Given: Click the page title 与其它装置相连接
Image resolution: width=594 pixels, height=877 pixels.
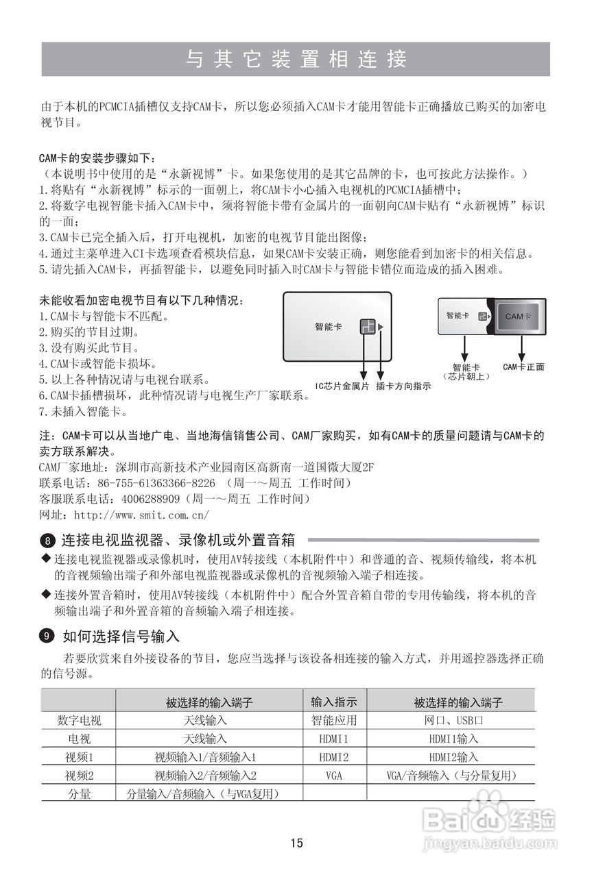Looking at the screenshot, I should click(296, 59).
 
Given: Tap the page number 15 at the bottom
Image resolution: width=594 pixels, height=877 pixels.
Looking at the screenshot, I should click(296, 843).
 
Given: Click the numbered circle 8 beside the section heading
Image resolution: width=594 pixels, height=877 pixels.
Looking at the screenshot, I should click(47, 540).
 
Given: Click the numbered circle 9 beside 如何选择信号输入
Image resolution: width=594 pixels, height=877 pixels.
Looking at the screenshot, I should click(47, 637).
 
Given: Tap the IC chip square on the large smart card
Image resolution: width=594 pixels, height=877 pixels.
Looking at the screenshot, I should click(368, 327).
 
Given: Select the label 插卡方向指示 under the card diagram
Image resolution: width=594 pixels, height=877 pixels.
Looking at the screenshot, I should click(403, 386).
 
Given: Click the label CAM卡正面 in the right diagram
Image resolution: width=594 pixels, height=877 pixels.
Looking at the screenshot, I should click(523, 367).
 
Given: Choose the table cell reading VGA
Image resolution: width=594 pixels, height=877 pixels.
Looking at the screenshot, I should click(334, 776).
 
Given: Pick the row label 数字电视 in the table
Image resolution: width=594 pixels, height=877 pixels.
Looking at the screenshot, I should click(79, 721).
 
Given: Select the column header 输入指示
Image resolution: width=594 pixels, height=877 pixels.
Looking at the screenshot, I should click(334, 702).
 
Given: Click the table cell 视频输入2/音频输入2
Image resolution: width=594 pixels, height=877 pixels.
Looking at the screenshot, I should click(205, 776).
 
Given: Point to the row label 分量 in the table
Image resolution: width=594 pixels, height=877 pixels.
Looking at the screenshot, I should click(79, 794).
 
